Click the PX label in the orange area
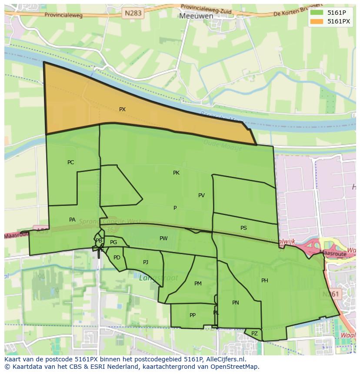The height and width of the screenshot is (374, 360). click(122, 109)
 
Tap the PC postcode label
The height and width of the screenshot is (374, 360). click(70, 162)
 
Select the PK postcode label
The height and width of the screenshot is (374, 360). click(176, 173)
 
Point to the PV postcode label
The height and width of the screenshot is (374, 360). click(201, 195)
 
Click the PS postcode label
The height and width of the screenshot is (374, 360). click(243, 228)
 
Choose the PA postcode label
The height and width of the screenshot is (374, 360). click(72, 220)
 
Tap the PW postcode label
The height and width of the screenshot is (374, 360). click(163, 238)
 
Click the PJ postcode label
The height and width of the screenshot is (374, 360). click(146, 262)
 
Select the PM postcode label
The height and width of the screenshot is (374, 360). click(198, 284)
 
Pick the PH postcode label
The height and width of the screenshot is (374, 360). click(264, 281)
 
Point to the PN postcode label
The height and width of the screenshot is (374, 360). click(236, 303)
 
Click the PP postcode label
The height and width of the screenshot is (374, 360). click(193, 315)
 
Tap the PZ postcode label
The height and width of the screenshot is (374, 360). click(254, 334)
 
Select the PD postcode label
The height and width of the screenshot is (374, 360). click(117, 258)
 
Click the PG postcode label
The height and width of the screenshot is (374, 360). click(113, 242)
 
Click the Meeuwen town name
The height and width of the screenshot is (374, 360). click(196, 16)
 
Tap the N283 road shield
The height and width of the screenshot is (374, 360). click(133, 13)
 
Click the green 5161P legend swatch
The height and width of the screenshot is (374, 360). click(317, 13)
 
